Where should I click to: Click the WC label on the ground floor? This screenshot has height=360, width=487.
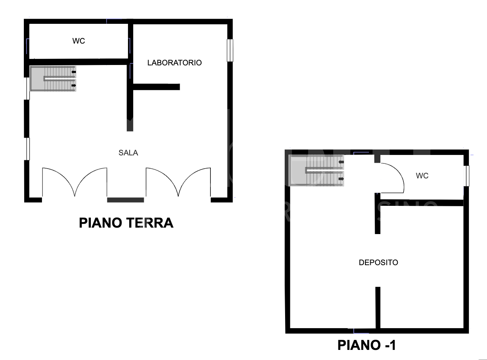79,41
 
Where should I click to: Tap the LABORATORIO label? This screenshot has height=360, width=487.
174,63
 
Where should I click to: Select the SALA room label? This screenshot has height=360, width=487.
128,153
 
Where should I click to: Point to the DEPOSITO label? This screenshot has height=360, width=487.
378,263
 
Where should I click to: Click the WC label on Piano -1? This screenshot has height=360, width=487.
422,176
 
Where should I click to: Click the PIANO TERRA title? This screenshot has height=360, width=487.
126,223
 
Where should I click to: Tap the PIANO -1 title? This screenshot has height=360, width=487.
367,345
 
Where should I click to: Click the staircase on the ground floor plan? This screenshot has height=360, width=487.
53,78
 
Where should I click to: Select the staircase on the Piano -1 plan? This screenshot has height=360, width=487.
316,170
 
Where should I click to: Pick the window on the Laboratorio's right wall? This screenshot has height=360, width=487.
230,50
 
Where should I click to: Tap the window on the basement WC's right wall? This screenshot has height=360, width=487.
466,176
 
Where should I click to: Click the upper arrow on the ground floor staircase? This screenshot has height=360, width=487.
74,72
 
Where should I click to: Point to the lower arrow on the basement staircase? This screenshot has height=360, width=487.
341,179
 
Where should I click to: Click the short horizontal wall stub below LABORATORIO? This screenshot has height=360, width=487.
156,87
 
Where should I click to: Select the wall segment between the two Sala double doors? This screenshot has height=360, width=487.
126,200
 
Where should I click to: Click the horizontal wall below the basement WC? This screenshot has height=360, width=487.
422,203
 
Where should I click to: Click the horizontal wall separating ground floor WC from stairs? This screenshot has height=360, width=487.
78,62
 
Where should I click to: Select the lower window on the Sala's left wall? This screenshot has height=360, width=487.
28,149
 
